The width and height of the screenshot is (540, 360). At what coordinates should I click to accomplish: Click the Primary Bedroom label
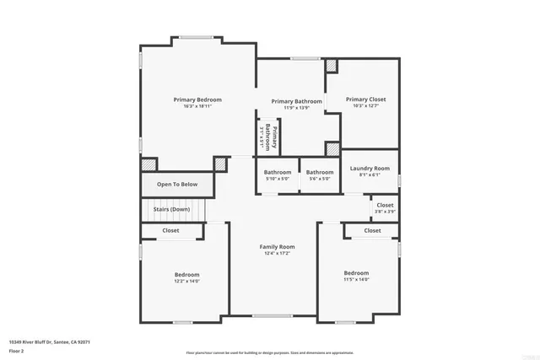[197, 99]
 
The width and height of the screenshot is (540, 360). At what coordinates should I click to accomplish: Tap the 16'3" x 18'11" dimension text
[197, 106]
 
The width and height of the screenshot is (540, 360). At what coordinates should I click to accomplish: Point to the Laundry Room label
[370, 169]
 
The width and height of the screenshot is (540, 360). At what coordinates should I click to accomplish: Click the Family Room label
[277, 247]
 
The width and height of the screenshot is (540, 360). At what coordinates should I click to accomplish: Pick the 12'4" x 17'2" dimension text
[277, 254]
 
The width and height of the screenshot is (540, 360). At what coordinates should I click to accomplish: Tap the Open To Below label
[177, 185]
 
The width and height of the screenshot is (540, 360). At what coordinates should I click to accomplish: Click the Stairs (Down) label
[171, 209]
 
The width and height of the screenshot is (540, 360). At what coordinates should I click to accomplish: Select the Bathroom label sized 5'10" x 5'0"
[278, 172]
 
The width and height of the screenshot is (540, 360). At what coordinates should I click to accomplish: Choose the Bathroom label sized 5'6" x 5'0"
[320, 172]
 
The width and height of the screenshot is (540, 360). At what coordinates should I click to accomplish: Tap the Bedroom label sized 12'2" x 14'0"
[186, 275]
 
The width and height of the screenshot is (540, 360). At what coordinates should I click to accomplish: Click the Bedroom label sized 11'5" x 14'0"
[356, 273]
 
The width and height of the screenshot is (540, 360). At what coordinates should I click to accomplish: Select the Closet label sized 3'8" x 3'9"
[385, 205]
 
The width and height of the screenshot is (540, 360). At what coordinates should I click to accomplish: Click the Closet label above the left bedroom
[170, 230]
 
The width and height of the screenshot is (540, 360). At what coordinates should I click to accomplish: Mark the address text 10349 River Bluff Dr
[49, 342]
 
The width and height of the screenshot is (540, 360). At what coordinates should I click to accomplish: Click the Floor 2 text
[16, 351]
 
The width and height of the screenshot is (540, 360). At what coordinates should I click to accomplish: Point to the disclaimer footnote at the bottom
[270, 352]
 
